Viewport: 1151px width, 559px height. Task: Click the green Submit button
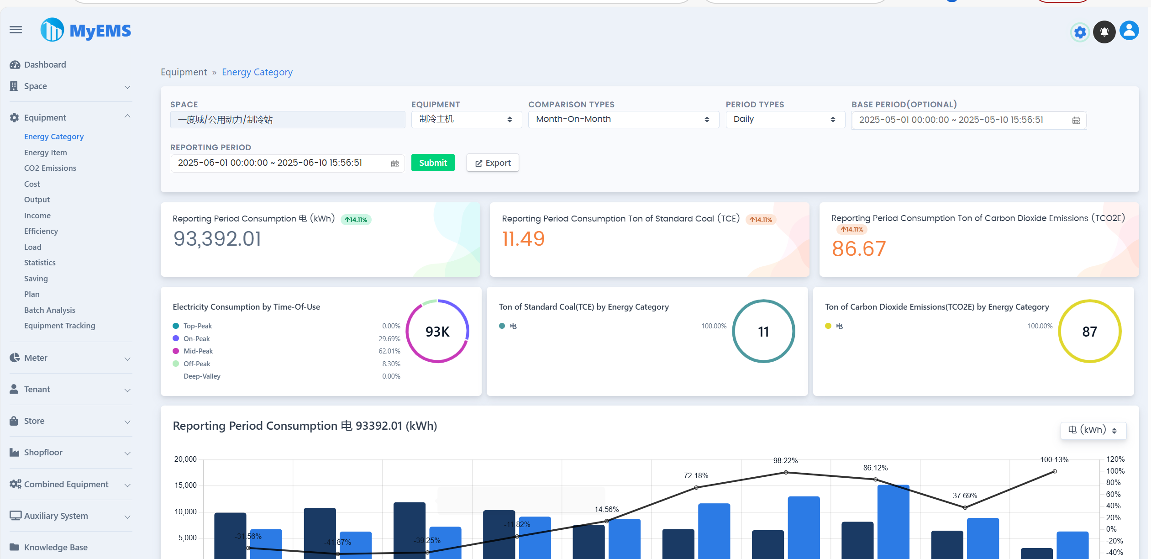click(432, 163)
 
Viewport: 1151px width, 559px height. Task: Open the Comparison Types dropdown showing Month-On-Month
click(623, 120)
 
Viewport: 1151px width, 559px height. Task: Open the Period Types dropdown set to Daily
click(785, 120)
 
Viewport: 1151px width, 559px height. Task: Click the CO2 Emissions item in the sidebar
click(50, 168)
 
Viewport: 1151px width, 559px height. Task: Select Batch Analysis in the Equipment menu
click(50, 310)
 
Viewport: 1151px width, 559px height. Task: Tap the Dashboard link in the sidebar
click(45, 65)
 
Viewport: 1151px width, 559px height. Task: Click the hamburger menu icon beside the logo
click(16, 30)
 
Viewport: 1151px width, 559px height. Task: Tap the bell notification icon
click(1104, 32)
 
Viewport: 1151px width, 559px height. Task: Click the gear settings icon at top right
click(1080, 32)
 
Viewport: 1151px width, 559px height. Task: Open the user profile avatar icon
click(1129, 31)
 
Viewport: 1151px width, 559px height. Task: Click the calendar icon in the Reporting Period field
click(395, 163)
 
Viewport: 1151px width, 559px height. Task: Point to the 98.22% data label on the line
click(785, 461)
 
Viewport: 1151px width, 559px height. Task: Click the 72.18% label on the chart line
click(696, 476)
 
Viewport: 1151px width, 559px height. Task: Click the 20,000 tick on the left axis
click(185, 459)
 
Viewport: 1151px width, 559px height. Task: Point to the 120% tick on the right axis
click(1115, 459)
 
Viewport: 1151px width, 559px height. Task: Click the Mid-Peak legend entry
click(198, 351)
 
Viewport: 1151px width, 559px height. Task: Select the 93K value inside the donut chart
click(437, 332)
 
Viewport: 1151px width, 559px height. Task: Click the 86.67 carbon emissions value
click(858, 249)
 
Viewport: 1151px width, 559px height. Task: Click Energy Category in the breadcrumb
click(257, 72)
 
